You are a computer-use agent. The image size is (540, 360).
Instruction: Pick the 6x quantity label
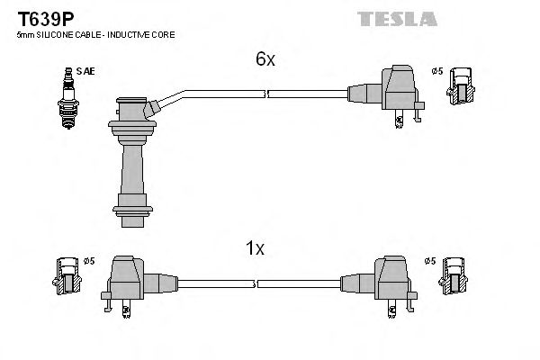pyautogui.click(x=264, y=59)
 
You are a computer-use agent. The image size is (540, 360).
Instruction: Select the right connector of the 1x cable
pyautogui.click(x=390, y=278)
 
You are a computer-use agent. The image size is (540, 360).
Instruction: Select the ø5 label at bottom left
pyautogui.click(x=89, y=261)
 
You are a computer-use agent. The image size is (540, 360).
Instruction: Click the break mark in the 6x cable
pyautogui.click(x=265, y=93)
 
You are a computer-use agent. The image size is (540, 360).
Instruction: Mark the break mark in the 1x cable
pyautogui.click(x=256, y=283)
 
